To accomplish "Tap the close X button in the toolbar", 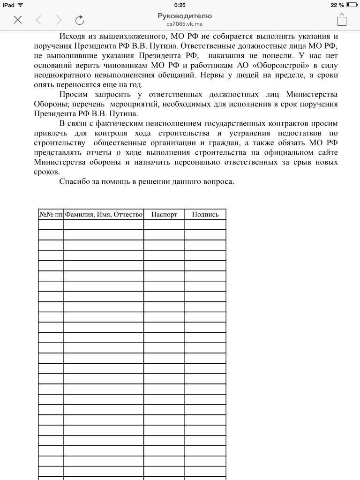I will (x=18, y=20).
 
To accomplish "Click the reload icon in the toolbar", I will (x=80, y=20).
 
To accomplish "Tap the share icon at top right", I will (x=342, y=19).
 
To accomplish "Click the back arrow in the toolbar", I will (x=38, y=20).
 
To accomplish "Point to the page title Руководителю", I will (x=185, y=16).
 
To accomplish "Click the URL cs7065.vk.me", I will (x=185, y=24).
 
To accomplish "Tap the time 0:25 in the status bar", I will (x=180, y=5).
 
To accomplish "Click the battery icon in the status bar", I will (x=352, y=5).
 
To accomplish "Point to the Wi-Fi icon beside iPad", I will (x=21, y=5).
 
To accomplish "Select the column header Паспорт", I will (x=164, y=214).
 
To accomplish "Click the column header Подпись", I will (x=205, y=214).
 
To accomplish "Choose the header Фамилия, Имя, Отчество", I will (x=104, y=214).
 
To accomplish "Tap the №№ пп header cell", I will (x=51, y=214).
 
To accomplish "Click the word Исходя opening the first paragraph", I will (x=73, y=36).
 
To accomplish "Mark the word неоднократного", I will (x=63, y=75).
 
